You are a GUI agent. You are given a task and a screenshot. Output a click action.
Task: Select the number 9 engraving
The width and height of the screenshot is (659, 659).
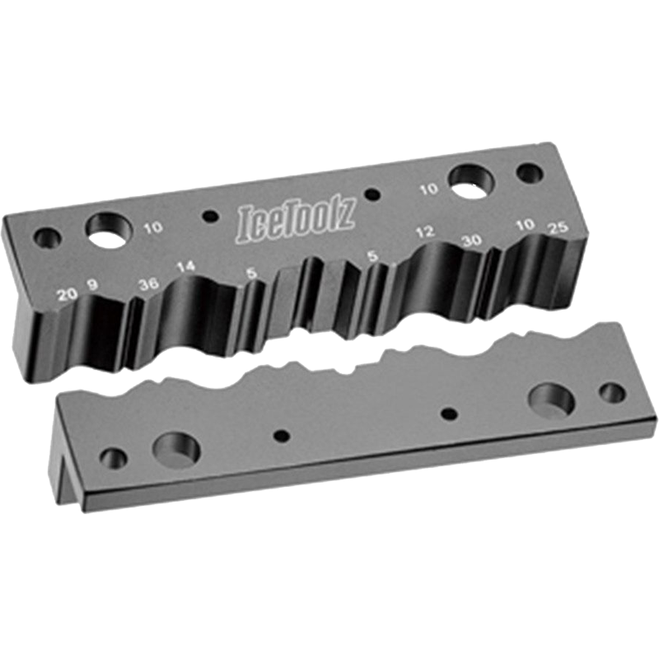[x=92, y=285]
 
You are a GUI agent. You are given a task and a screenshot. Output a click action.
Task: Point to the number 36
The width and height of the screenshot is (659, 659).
[x=149, y=284]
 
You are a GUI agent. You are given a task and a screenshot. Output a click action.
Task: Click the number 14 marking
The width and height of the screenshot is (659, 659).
[x=186, y=266]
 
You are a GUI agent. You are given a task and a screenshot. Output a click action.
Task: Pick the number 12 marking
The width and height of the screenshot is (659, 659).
[x=425, y=233]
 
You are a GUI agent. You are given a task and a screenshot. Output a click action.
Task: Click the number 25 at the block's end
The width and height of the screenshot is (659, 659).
[x=558, y=228]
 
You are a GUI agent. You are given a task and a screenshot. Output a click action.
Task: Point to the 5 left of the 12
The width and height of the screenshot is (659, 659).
[x=373, y=257]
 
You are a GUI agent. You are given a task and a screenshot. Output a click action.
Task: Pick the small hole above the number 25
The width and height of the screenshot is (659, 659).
[x=529, y=174]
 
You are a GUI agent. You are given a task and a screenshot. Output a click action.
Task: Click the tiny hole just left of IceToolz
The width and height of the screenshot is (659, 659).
[x=212, y=216]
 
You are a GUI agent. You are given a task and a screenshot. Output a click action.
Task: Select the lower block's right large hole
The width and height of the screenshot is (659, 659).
[x=552, y=400]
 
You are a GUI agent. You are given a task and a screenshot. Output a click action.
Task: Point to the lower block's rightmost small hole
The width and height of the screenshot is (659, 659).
[x=611, y=392]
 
